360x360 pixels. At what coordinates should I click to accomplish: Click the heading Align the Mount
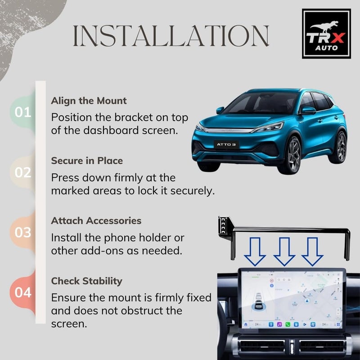pos(89,100)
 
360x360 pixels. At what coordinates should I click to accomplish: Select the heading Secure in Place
pos(87,161)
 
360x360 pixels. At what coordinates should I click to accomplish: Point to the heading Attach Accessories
pos(96,221)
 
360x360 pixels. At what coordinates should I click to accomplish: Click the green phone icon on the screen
pos(287,324)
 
